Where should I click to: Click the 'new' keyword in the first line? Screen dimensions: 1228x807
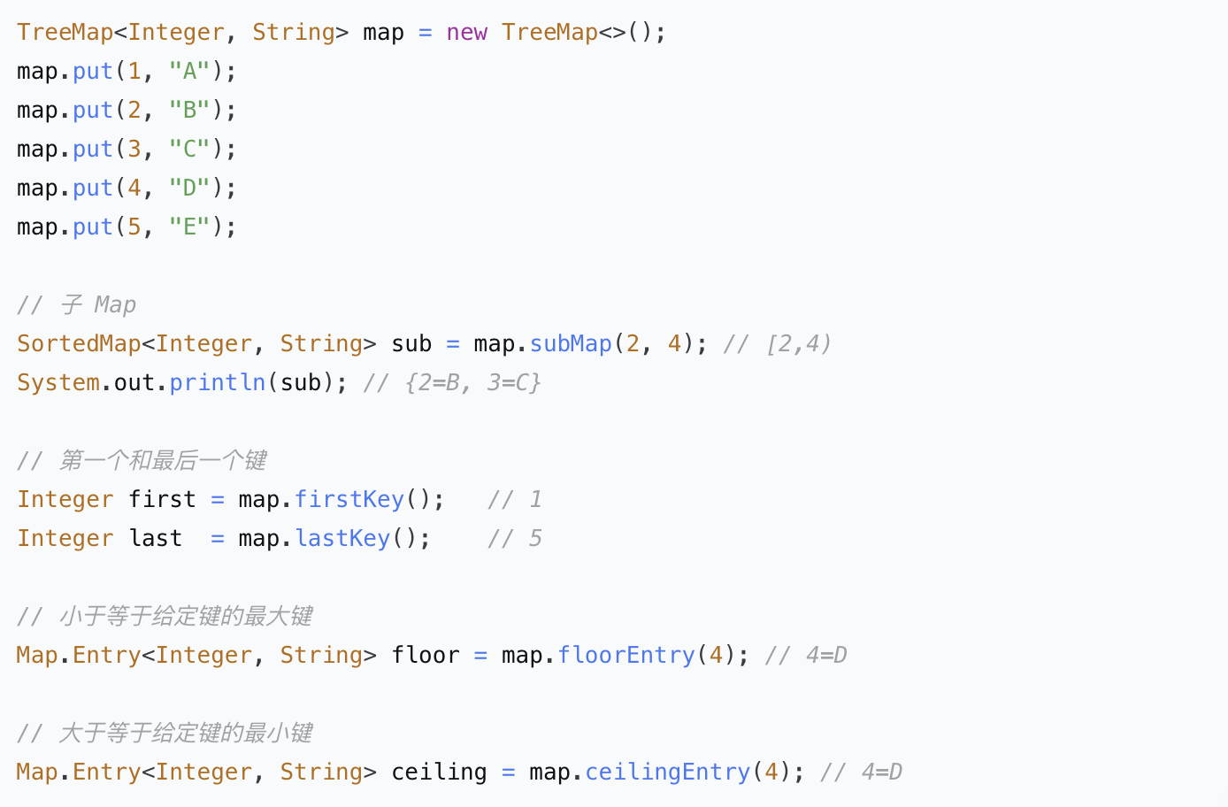(x=466, y=33)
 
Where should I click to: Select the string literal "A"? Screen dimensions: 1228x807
(x=189, y=71)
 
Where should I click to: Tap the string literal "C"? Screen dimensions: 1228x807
(x=189, y=149)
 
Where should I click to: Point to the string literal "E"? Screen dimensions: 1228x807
(x=189, y=227)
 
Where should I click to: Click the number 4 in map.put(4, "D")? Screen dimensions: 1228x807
(x=134, y=188)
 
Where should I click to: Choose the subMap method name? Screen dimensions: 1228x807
(x=571, y=343)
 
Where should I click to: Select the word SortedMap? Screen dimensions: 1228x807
(x=79, y=343)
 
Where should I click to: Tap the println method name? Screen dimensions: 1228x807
(x=217, y=382)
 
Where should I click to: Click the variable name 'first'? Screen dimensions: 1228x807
(x=162, y=499)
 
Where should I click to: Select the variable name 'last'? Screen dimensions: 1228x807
(x=155, y=538)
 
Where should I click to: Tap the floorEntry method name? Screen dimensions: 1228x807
(x=626, y=655)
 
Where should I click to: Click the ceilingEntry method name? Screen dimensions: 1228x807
(x=668, y=772)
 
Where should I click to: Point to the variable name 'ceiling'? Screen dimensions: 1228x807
(x=439, y=772)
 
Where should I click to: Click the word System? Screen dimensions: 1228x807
(x=58, y=382)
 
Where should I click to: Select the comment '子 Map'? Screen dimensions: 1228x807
(x=98, y=304)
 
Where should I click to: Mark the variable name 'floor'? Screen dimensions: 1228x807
(x=426, y=655)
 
